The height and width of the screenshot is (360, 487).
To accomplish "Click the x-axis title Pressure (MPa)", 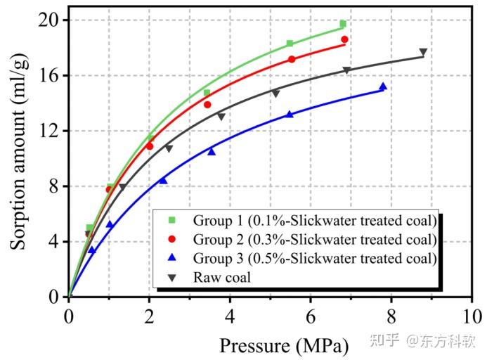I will point(283,345).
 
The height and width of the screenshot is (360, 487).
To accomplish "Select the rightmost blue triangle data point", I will point(383,86).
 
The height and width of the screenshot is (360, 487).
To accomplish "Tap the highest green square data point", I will point(343,24).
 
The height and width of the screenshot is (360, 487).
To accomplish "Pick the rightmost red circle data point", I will point(344,39).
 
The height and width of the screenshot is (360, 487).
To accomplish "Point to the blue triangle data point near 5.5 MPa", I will point(290,114).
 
